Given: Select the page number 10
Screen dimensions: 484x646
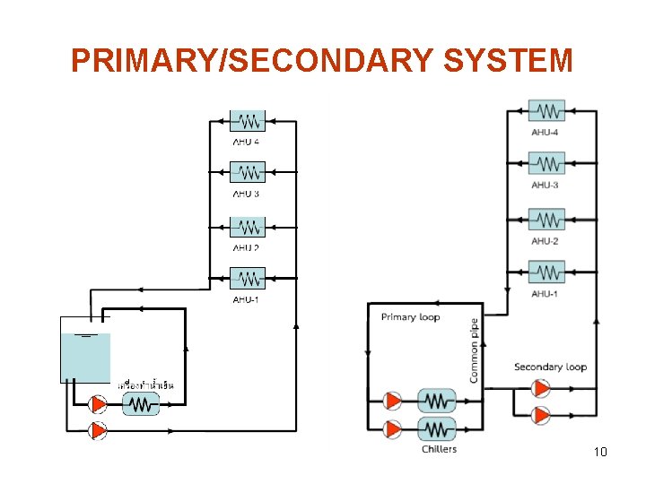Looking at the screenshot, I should click(x=600, y=452).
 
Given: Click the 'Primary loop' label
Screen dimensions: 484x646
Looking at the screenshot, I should click(x=410, y=317).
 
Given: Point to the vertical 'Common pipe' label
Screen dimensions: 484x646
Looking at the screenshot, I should click(x=474, y=350).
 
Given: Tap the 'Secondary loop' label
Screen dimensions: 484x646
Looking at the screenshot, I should click(x=550, y=367).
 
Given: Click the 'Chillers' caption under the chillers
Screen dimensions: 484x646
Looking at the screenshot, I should click(x=439, y=449).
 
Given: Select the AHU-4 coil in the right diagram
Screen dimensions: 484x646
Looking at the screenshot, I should click(x=546, y=111).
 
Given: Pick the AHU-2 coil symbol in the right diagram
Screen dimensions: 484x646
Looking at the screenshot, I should click(x=546, y=220).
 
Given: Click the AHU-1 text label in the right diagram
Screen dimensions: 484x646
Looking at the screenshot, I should click(x=545, y=294).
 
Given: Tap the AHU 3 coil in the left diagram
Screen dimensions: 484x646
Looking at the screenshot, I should click(x=248, y=172).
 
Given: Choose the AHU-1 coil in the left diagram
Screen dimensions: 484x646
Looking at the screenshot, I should click(x=248, y=279).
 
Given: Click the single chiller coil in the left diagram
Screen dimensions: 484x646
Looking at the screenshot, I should click(x=139, y=405).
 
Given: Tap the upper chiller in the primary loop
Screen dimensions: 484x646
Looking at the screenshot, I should click(x=437, y=401).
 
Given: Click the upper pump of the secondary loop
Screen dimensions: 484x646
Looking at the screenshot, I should click(x=541, y=389).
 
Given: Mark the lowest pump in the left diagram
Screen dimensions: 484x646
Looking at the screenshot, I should click(x=96, y=430).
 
